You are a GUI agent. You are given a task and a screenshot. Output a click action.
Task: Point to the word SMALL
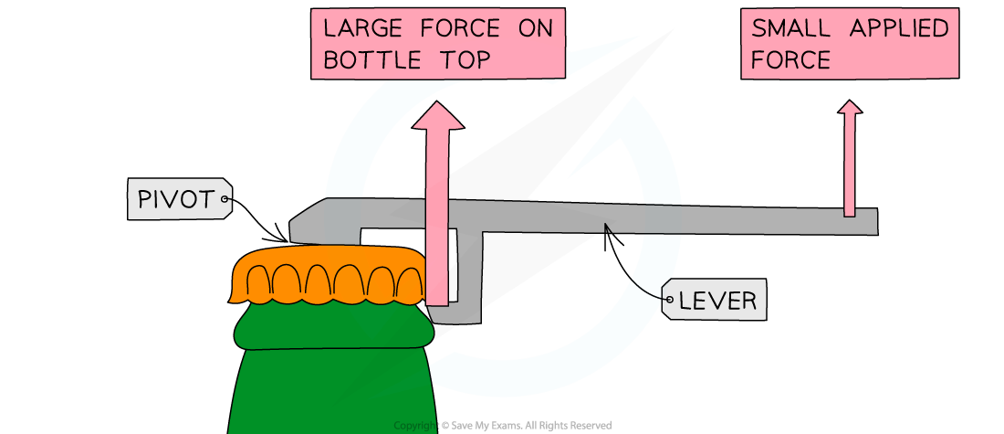[x=790, y=28]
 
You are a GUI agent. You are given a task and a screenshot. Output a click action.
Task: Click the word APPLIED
[x=899, y=28]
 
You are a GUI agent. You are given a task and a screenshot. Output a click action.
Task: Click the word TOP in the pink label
[x=460, y=61]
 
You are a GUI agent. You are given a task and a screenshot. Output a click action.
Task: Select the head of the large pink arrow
[x=438, y=117]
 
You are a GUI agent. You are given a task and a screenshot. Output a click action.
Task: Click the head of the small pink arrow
[x=850, y=108]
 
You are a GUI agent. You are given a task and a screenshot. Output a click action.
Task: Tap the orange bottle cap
[x=329, y=275]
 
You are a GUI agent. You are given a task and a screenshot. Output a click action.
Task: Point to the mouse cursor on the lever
[x=607, y=228]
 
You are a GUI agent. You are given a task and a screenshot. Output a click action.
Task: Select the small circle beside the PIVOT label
[x=225, y=198]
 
